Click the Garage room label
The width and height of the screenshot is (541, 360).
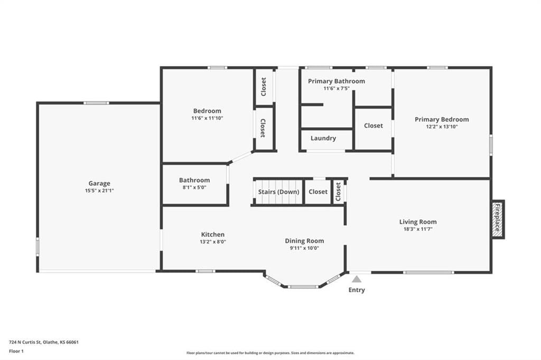point(99,184)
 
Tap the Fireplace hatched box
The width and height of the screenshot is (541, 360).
point(498,219)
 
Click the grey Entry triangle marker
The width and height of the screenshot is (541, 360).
point(357,279)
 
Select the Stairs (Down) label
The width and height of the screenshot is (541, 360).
point(279,192)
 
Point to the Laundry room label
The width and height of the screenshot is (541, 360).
point(323,138)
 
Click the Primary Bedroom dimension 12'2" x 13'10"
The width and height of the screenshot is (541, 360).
point(442,127)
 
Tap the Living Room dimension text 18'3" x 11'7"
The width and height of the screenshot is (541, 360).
point(418,229)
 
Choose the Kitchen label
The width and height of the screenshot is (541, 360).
point(213,234)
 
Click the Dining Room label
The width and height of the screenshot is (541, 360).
point(304,241)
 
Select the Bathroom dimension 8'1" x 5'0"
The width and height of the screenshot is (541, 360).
point(194,187)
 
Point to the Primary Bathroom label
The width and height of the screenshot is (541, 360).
point(337,81)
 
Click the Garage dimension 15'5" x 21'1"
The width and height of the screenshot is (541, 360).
point(99,191)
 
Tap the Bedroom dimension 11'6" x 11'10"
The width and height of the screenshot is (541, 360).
point(207,118)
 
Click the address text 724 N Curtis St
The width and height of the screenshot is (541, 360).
point(25,343)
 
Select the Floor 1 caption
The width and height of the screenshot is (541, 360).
point(16,352)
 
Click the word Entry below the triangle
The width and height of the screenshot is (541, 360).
point(357,290)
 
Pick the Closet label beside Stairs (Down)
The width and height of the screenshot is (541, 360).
point(318,192)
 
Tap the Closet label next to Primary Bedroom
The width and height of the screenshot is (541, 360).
point(374,126)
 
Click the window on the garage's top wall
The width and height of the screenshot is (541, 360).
point(96,103)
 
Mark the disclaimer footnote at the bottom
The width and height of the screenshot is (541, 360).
point(270,353)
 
